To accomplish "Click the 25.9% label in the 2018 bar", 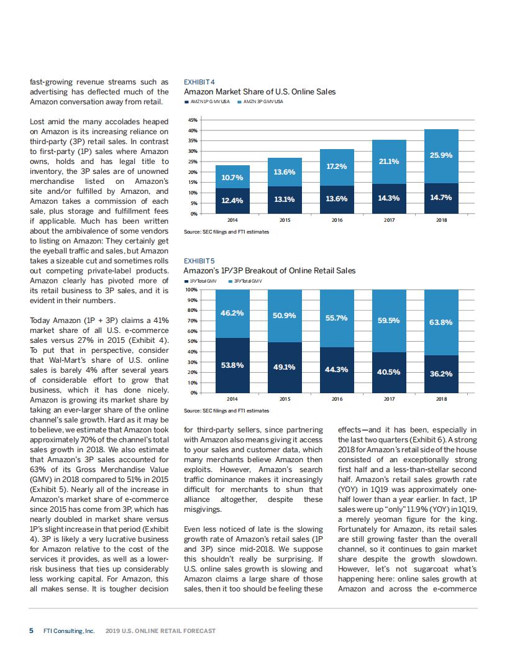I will (x=441, y=155).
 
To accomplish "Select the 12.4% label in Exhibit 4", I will (x=232, y=199).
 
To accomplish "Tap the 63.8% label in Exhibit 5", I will (x=441, y=322).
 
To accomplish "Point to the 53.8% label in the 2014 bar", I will (x=232, y=365).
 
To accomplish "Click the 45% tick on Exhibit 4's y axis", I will (x=193, y=120).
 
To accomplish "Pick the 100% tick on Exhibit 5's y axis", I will (x=191, y=289).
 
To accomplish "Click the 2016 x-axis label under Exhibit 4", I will (x=337, y=220).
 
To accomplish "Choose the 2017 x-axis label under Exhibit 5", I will (x=389, y=398).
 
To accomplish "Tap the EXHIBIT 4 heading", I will (x=199, y=81).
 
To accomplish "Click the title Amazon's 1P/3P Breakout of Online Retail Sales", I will (x=270, y=271).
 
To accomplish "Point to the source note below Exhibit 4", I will (x=227, y=232).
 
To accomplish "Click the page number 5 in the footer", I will (x=32, y=631).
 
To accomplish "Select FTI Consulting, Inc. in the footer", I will (x=69, y=631).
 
